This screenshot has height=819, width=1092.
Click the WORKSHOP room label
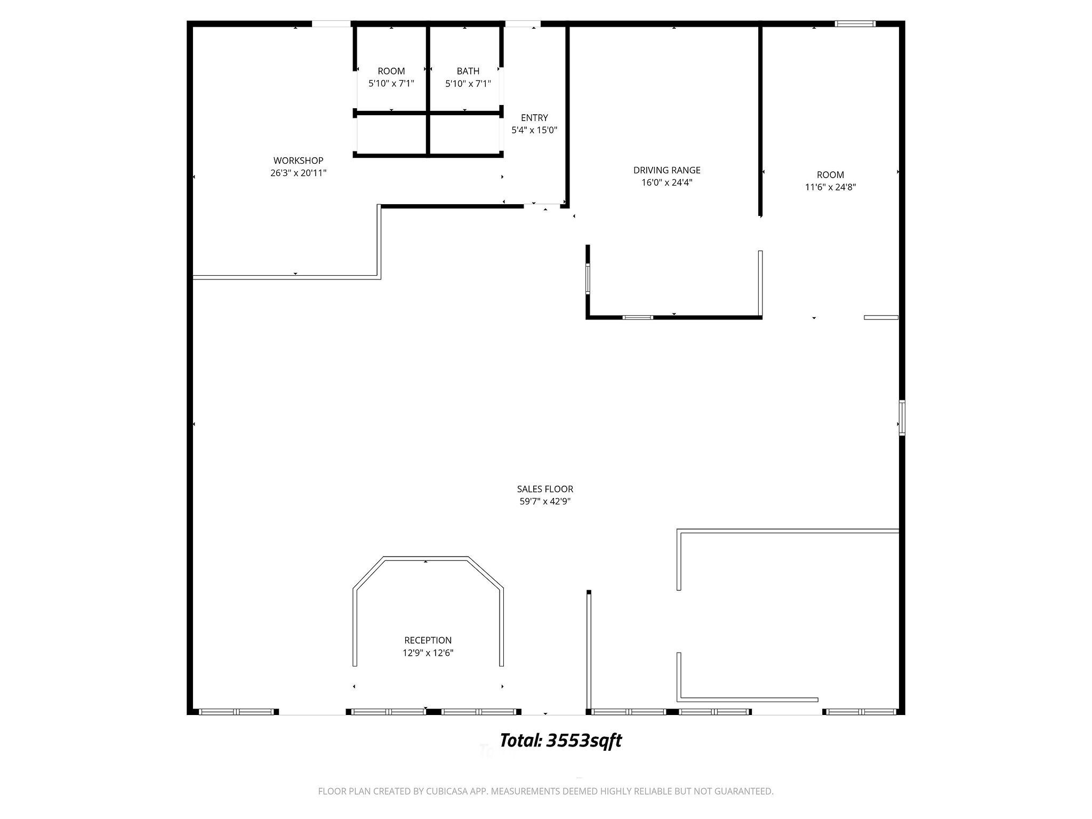click(x=298, y=160)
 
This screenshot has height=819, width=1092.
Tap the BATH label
click(x=468, y=71)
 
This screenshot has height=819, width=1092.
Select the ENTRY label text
click(x=534, y=118)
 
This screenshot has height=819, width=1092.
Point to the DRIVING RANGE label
click(x=667, y=170)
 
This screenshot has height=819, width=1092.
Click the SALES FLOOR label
click(x=545, y=489)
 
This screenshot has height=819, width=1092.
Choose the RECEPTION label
click(x=428, y=640)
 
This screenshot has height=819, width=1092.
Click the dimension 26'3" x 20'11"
click(x=298, y=173)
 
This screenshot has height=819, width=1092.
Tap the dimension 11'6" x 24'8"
click(x=830, y=187)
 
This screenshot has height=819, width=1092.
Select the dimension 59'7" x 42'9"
click(x=545, y=501)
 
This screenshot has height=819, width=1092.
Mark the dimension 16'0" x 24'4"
click(x=667, y=182)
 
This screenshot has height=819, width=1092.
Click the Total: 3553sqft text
click(x=560, y=741)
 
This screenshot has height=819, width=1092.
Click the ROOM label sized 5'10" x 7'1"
click(x=391, y=71)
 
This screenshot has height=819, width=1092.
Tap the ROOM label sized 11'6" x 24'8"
click(x=830, y=175)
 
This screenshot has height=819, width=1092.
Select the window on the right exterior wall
click(x=902, y=417)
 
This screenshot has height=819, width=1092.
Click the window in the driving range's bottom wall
click(x=638, y=318)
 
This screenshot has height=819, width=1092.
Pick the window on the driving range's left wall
click(x=588, y=278)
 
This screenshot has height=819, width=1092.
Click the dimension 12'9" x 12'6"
click(x=428, y=653)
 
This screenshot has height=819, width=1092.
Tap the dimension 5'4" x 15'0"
click(x=534, y=130)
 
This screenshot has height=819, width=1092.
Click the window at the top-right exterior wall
click(x=855, y=23)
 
